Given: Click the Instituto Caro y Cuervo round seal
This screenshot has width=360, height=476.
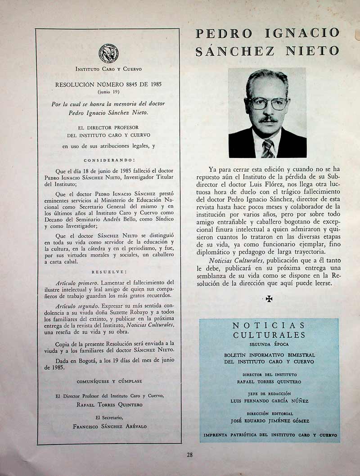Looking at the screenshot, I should (x=108, y=53).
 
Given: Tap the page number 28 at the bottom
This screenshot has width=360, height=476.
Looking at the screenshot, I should (x=189, y=455).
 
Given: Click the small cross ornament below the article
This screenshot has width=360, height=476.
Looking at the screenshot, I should (x=269, y=298).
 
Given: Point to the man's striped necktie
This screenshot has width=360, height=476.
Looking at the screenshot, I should (x=268, y=148).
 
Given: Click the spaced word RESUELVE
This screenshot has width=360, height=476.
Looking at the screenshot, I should (x=109, y=272).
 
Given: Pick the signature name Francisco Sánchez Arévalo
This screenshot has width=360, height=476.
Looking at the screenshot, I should (x=109, y=427).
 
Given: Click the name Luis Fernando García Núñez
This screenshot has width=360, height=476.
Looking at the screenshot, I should (x=269, y=401).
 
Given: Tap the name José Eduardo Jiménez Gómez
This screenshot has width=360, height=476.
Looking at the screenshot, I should (x=269, y=421).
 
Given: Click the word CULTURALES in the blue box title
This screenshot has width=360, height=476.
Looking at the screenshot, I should (x=269, y=335).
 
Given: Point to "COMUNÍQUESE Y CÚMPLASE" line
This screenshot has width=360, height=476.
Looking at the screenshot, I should (x=109, y=381).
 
